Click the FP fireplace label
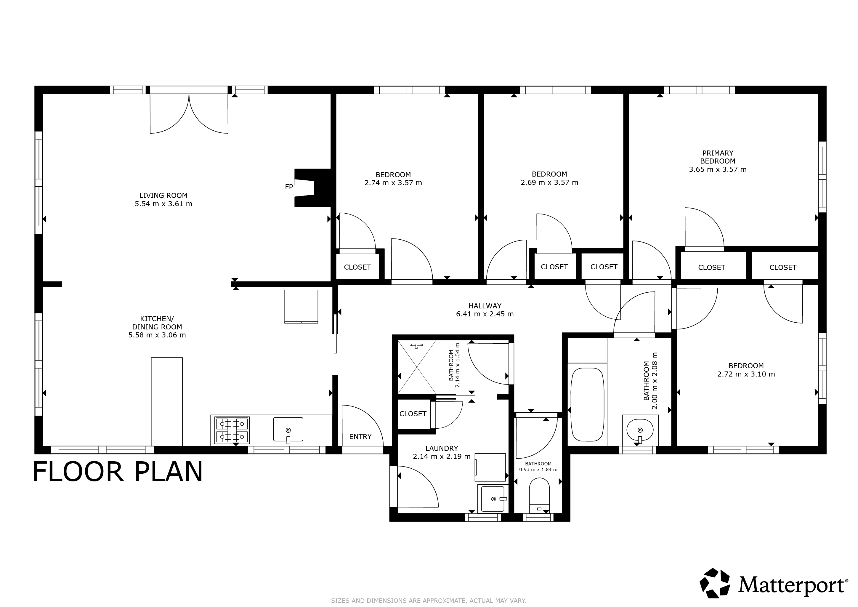[289, 187]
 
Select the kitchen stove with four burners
[232, 430]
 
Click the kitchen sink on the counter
[288, 430]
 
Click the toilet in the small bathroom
[539, 495]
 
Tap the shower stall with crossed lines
[417, 367]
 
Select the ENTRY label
[360, 437]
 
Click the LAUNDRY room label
[442, 448]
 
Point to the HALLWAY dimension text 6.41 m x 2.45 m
[485, 314]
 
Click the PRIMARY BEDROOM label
[718, 157]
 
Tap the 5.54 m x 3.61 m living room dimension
[164, 204]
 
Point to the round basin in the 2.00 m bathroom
[640, 430]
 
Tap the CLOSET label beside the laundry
[413, 414]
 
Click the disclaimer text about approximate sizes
[429, 601]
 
